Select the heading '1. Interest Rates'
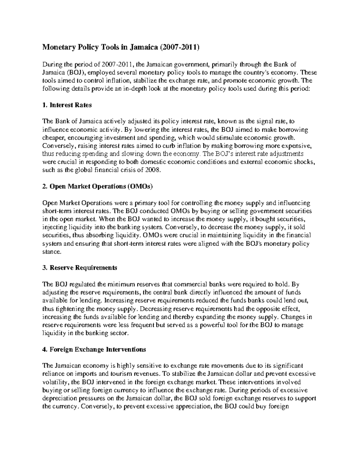coord(67,105)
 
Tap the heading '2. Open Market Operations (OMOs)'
coord(98,187)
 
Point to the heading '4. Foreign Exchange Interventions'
coord(94,349)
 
